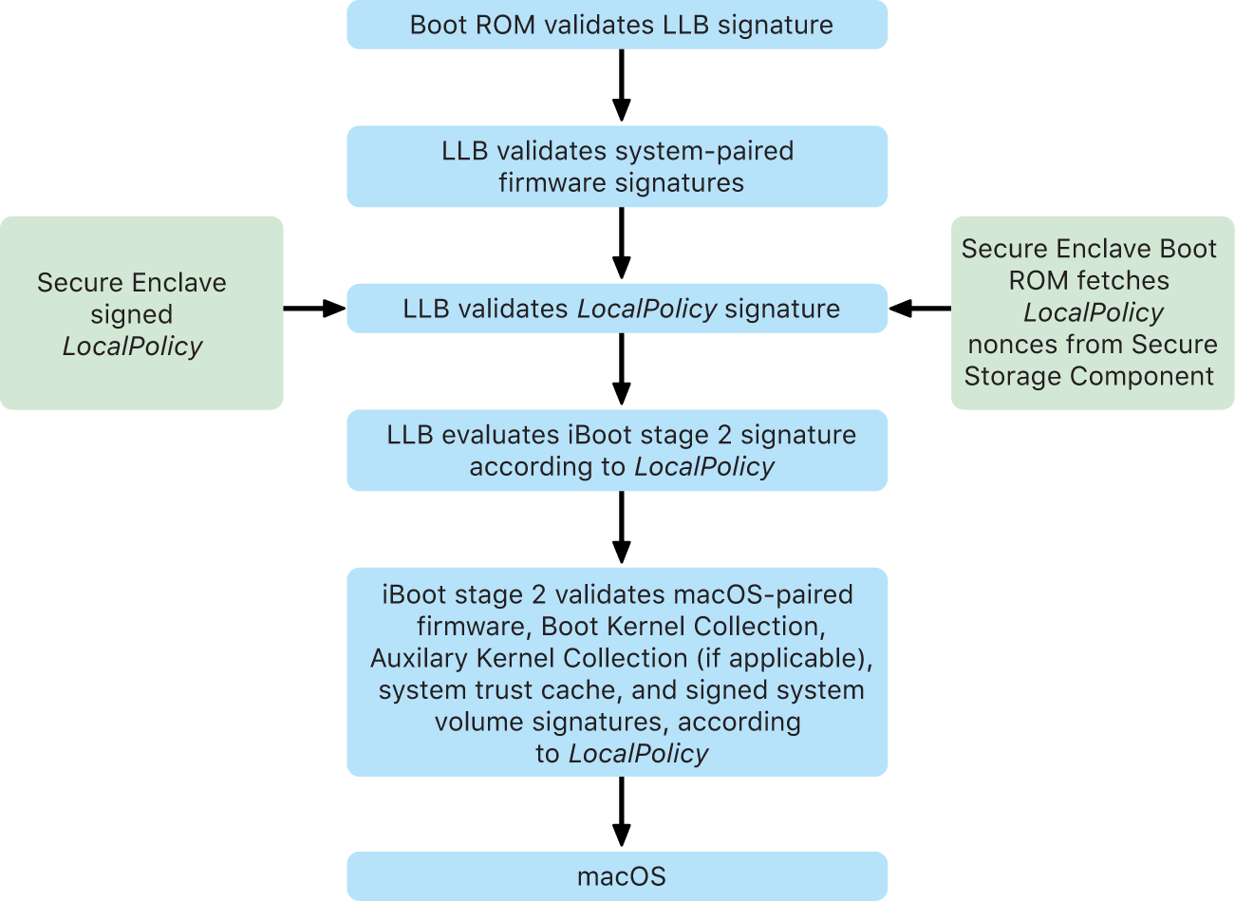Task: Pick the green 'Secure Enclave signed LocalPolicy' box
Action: [141, 313]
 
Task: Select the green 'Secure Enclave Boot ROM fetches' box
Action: [1093, 313]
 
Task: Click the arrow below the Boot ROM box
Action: [621, 85]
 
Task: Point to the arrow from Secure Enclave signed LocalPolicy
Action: [314, 309]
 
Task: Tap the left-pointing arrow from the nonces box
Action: [920, 309]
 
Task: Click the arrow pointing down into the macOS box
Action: [621, 813]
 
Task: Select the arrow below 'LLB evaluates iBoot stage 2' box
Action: [621, 528]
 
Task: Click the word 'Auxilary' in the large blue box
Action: [419, 659]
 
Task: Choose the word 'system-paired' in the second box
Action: [704, 151]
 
